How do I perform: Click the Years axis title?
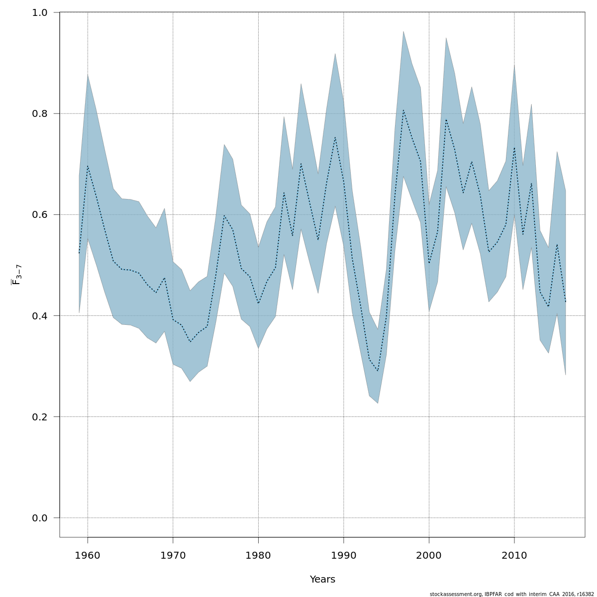point(322,580)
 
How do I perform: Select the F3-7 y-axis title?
point(16,275)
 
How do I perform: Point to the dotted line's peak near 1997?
point(403,110)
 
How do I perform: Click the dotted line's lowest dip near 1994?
point(378,371)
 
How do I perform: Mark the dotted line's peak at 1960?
point(88,166)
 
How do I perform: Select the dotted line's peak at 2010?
point(514,147)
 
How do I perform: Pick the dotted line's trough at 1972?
point(190,342)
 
